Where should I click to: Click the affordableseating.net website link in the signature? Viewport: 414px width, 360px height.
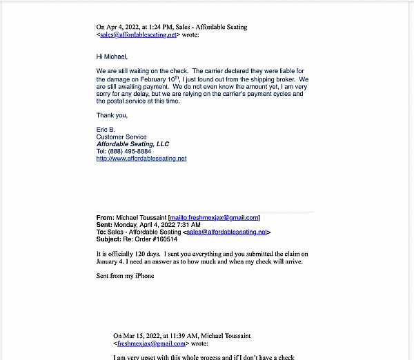click(141, 159)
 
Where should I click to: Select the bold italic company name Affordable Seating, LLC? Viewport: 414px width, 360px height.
click(132, 144)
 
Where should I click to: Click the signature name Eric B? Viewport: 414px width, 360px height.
click(106, 130)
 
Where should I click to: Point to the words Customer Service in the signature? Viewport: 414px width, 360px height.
click(121, 137)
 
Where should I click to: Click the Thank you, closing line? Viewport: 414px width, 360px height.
click(112, 115)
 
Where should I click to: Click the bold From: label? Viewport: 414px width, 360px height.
click(106, 217)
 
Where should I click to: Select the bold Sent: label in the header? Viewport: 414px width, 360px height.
click(105, 225)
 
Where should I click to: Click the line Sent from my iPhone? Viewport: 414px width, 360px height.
click(126, 276)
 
